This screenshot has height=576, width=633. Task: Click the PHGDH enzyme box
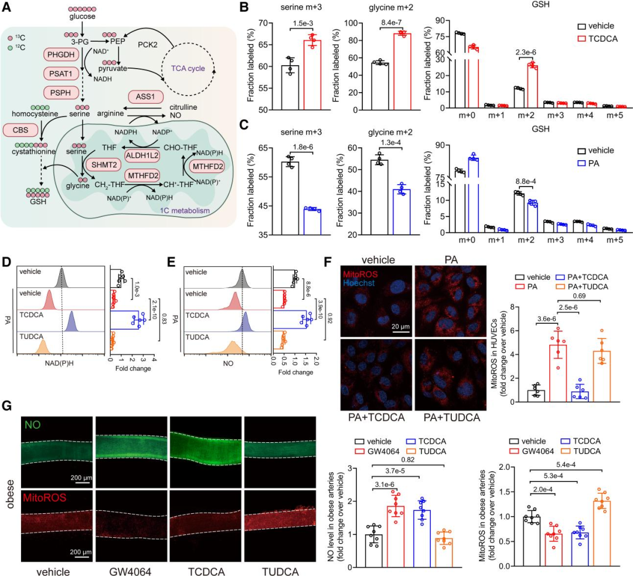[x=60, y=56]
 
